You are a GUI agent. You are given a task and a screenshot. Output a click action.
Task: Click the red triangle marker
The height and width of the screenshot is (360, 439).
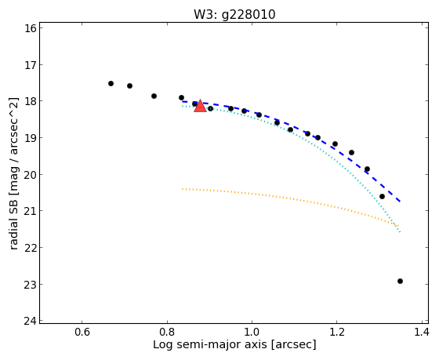tap(200, 106)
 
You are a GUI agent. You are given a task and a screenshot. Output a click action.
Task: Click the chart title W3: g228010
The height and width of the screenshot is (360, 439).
tap(234, 15)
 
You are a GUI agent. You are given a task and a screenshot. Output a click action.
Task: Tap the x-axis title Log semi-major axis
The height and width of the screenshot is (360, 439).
tap(210, 344)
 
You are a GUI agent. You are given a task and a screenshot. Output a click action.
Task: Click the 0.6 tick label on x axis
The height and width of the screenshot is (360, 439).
tap(82, 333)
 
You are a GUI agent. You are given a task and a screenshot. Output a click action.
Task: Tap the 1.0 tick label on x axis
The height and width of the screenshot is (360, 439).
tap(252, 333)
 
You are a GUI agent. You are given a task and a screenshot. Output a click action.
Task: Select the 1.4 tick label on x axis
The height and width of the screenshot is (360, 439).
tap(422, 333)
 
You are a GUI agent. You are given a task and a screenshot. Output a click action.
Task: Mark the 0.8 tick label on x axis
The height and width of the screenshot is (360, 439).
tap(167, 333)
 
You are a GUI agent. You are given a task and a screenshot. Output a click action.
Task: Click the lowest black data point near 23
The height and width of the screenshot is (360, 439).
tap(400, 281)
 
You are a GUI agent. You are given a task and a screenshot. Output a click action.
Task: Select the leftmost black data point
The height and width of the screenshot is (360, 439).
tap(111, 83)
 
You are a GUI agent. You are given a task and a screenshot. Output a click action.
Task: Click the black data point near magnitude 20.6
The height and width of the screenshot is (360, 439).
tap(382, 196)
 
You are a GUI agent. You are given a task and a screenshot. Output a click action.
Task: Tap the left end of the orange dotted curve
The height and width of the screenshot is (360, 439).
tap(182, 189)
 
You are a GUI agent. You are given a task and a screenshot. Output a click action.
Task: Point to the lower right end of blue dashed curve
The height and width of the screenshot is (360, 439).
tap(401, 202)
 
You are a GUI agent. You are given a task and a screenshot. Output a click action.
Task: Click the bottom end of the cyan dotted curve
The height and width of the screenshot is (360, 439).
tap(401, 232)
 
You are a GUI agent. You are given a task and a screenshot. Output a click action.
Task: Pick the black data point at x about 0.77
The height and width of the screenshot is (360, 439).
tap(154, 96)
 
